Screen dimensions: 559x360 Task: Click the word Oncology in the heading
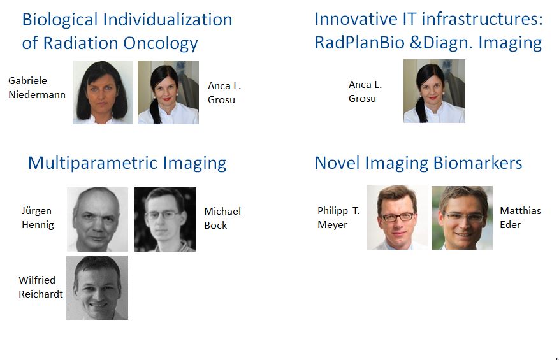(161, 44)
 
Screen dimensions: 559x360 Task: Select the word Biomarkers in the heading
(477, 163)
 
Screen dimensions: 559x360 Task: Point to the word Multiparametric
(92, 164)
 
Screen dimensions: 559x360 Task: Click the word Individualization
(168, 20)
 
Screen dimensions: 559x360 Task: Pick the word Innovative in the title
(356, 19)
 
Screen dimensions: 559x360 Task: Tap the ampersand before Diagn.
(416, 43)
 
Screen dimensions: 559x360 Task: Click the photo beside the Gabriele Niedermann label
(103, 92)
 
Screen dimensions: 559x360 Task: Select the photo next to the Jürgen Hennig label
(98, 219)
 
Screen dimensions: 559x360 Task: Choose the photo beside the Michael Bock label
(165, 219)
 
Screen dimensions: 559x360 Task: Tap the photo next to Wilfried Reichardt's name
(97, 287)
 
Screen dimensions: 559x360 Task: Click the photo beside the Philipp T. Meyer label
(398, 217)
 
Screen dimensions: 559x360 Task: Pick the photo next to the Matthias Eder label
(462, 218)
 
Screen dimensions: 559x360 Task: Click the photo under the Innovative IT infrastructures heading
(434, 91)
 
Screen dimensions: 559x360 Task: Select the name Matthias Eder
(520, 217)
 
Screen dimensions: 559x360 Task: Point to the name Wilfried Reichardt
(41, 287)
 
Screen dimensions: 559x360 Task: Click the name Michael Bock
(222, 218)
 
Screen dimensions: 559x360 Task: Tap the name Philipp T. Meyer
(338, 217)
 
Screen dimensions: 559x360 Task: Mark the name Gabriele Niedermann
(37, 88)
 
